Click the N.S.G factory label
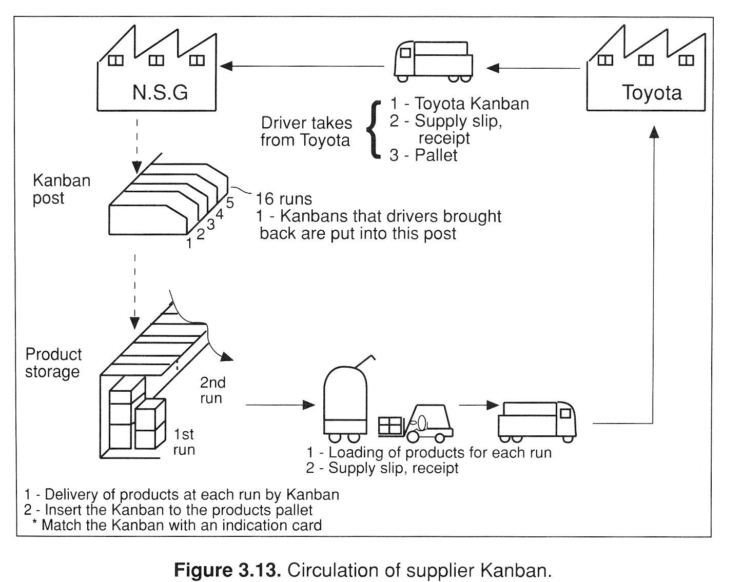click(160, 92)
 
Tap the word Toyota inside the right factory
click(652, 93)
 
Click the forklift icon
click(417, 424)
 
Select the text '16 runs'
click(283, 199)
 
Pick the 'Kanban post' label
click(61, 189)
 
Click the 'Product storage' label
click(53, 363)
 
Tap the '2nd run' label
click(212, 390)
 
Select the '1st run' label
click(183, 442)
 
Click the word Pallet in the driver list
click(436, 155)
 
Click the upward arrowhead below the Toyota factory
click(653, 132)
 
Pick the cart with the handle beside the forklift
click(345, 403)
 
